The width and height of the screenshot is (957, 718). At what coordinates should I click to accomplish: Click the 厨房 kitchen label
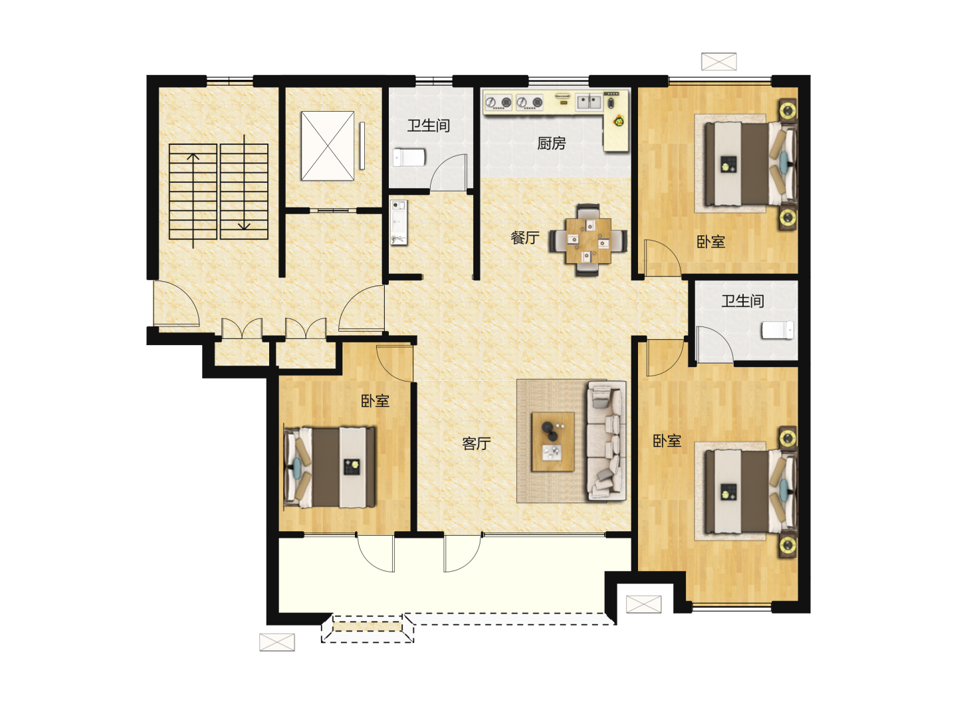[x=551, y=143]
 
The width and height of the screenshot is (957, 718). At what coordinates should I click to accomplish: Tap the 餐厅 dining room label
[x=525, y=237]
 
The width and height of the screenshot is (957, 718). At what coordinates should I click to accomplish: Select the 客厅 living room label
[x=476, y=443]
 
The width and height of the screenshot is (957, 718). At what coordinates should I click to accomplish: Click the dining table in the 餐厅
[x=588, y=240]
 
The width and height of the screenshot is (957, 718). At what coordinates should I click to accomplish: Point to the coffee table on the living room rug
[x=552, y=441]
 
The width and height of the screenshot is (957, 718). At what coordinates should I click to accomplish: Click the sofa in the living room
[x=607, y=441]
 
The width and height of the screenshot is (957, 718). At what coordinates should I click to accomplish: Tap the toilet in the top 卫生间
[x=409, y=158]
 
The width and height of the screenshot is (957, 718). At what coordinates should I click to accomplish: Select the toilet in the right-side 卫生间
[x=778, y=330]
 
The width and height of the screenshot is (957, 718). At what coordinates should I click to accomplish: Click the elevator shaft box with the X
[x=328, y=146]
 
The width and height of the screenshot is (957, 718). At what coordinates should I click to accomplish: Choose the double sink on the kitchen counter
[x=589, y=102]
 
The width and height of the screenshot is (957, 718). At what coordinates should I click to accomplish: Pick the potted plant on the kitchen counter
[x=619, y=121]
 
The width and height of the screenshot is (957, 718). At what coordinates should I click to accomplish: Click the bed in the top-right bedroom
[x=749, y=164]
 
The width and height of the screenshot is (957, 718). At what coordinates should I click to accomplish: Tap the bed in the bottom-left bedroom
[x=330, y=467]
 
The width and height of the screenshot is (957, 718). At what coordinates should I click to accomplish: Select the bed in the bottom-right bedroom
[x=749, y=492]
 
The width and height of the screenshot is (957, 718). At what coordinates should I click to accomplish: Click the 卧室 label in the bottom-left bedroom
[x=375, y=401]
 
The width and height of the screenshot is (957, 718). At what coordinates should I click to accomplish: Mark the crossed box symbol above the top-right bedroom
[x=718, y=61]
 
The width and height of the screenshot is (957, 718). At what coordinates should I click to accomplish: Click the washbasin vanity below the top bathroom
[x=399, y=222]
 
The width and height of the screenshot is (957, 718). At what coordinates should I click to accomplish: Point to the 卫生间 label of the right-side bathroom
[x=742, y=300]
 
